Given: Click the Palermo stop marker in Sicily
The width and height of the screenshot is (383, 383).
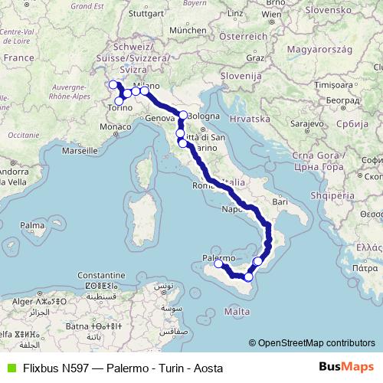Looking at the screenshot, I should pos(218,264).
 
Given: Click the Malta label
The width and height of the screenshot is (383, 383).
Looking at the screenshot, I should pos(237,312).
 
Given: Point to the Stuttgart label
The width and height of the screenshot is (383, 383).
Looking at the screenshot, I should pos(146,13).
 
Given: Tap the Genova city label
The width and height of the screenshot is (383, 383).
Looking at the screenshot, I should pos(161,118).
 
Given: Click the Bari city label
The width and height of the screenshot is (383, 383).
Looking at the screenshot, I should pos(279,201).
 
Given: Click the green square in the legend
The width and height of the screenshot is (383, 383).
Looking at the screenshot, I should pos(10,368).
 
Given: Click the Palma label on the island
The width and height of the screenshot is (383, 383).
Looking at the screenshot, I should pos(31,226).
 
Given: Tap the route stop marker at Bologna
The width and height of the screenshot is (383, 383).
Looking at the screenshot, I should pos(183,115).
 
